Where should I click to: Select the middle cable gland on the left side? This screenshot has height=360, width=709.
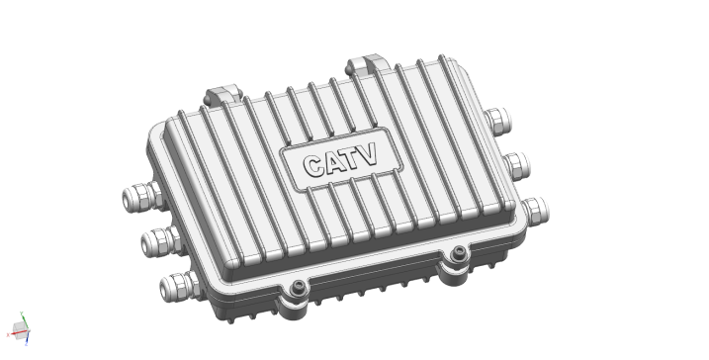(157, 239)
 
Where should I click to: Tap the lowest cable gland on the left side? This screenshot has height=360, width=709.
(179, 287)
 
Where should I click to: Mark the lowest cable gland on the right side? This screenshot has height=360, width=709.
(534, 210)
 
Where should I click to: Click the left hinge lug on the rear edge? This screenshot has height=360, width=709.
(222, 95)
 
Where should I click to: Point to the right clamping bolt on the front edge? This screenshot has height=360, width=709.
(457, 255)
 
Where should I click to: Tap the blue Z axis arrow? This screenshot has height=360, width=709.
(28, 340)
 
